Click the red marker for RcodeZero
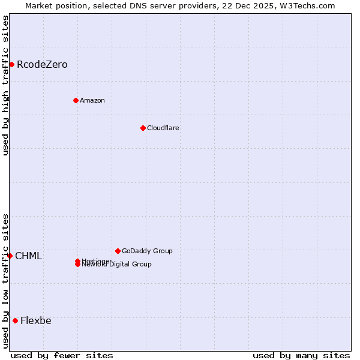[11, 64]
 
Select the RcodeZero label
[42, 65]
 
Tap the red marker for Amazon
[76, 100]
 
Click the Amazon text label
[92, 100]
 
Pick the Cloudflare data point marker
[143, 128]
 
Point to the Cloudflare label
[163, 128]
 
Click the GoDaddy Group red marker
[118, 251]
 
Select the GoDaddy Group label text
[147, 251]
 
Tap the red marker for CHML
[10, 256]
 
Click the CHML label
[28, 256]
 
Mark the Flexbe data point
[15, 320]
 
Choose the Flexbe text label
[35, 320]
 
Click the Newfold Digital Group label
[116, 265]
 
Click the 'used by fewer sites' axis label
[62, 355]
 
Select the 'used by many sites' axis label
[301, 355]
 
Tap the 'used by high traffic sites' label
[5, 85]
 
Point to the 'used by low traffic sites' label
[5, 281]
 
